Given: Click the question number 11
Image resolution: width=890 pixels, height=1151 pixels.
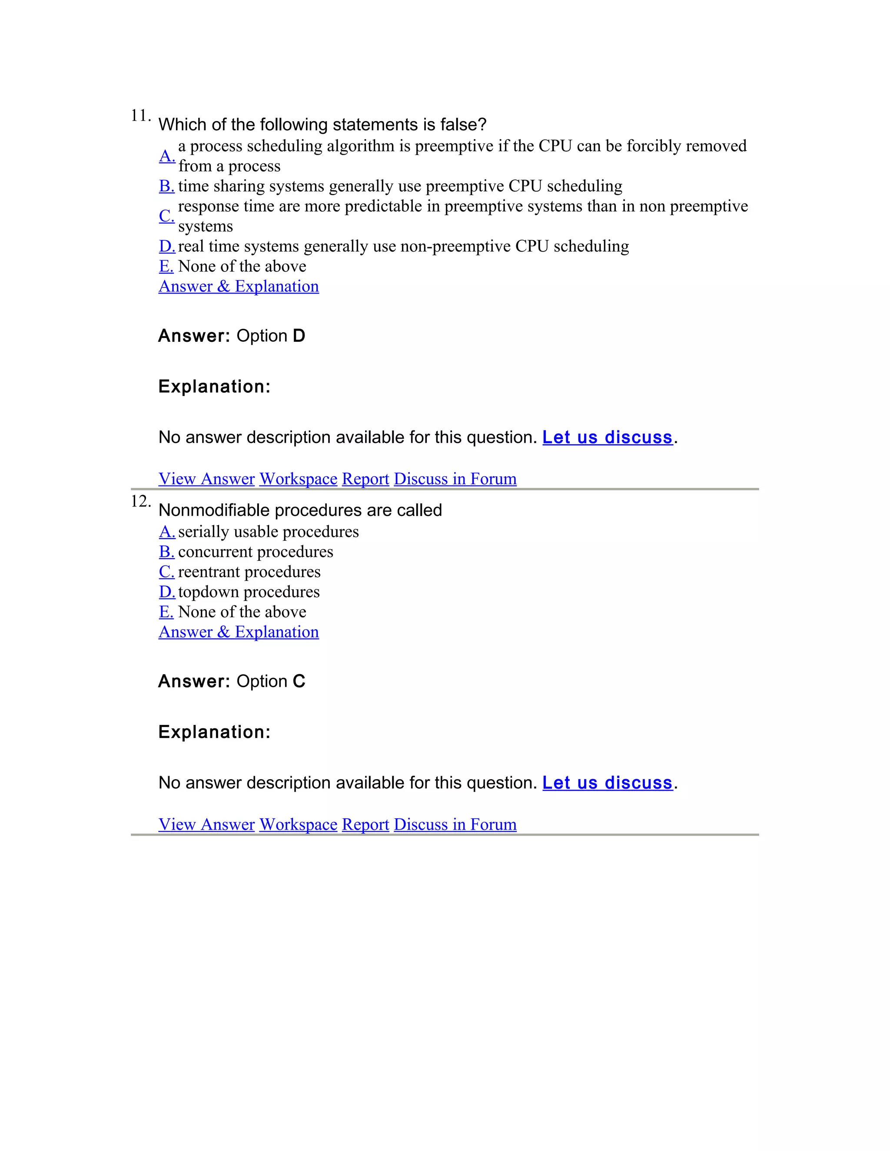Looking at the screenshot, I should (140, 116).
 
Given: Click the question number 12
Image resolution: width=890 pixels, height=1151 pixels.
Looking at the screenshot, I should (140, 502).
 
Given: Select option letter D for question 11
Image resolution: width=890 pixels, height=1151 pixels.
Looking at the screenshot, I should (166, 246).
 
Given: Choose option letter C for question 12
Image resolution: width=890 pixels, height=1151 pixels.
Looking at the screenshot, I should (166, 572).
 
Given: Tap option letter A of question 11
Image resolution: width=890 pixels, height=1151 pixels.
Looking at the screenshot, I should (166, 156).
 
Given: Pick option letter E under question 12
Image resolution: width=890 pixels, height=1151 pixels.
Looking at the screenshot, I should (166, 612).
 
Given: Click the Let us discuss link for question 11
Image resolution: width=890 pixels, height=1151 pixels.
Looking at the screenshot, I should (608, 437).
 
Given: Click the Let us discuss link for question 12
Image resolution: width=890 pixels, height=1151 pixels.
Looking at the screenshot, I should (608, 783).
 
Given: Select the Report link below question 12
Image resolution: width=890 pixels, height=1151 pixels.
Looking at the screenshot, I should (365, 825).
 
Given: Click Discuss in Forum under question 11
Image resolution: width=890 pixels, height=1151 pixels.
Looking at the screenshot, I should (455, 479).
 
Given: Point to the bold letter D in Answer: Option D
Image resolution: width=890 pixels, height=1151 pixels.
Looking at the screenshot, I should (299, 336).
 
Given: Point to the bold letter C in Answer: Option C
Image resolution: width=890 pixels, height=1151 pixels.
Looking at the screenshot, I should (299, 681).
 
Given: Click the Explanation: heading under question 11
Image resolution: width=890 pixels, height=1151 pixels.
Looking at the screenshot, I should (214, 387).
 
